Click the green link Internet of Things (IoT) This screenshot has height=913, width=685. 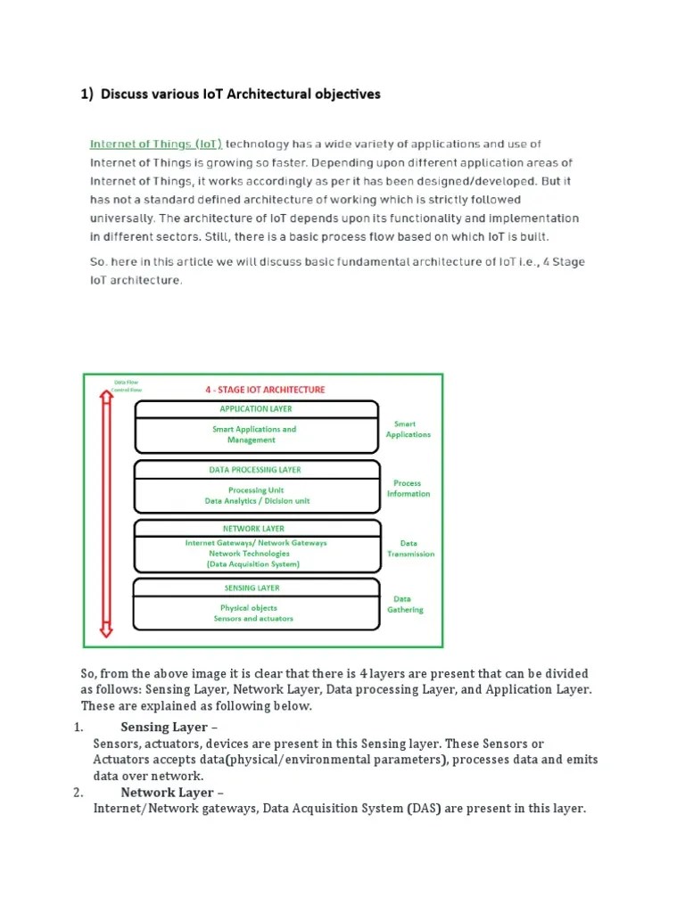coord(155,144)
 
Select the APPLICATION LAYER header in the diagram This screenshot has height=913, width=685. coord(255,409)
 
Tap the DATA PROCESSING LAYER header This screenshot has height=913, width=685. coord(255,470)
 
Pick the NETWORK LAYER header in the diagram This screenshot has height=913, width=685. coord(253,529)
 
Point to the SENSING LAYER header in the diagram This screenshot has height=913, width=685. coord(252,588)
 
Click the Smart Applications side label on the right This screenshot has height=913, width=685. coord(408,430)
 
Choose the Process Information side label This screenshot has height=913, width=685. coord(408,489)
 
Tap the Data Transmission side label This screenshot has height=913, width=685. coord(409,548)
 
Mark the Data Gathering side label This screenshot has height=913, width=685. coord(406,605)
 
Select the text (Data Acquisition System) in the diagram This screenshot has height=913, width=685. coord(253,564)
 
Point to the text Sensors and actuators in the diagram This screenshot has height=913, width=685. coord(253,619)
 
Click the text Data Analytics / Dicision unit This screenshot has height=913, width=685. coord(257,501)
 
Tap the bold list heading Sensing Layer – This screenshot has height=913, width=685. coord(163,727)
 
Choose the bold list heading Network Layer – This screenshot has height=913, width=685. coord(167,792)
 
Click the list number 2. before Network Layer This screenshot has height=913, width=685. coord(78,792)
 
